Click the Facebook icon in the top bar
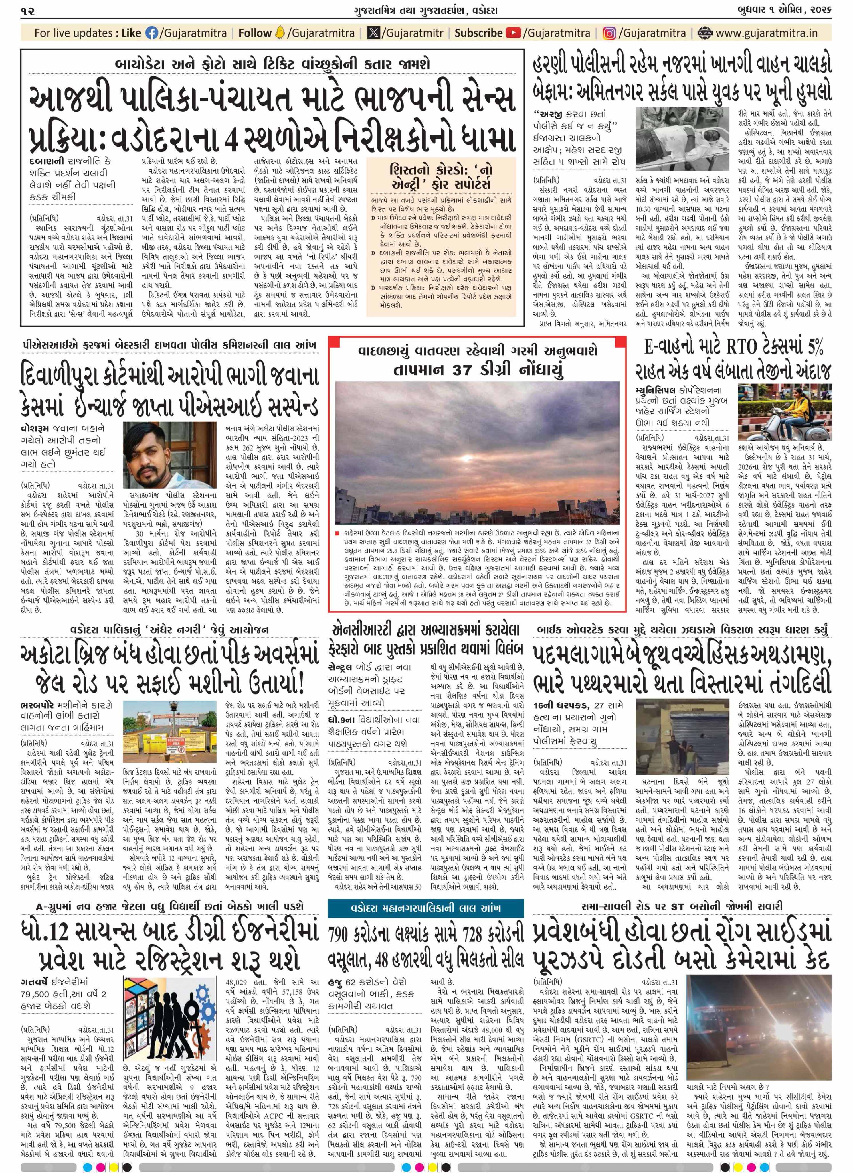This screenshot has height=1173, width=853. pos(151,33)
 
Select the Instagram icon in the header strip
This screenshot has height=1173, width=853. pos(610,33)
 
